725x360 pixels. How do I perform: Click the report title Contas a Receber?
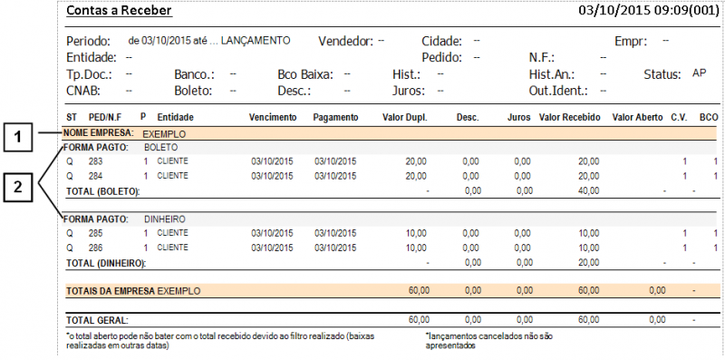(x=119, y=12)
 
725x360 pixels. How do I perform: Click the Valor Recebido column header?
(x=569, y=118)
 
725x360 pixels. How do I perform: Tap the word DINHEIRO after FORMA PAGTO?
(x=164, y=219)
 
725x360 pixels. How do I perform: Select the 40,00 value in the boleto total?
(x=588, y=190)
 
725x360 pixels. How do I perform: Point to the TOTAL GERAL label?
(x=97, y=320)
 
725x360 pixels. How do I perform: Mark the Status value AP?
(x=699, y=73)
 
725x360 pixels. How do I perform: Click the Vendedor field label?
(x=345, y=42)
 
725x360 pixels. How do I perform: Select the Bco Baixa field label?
(x=306, y=74)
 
